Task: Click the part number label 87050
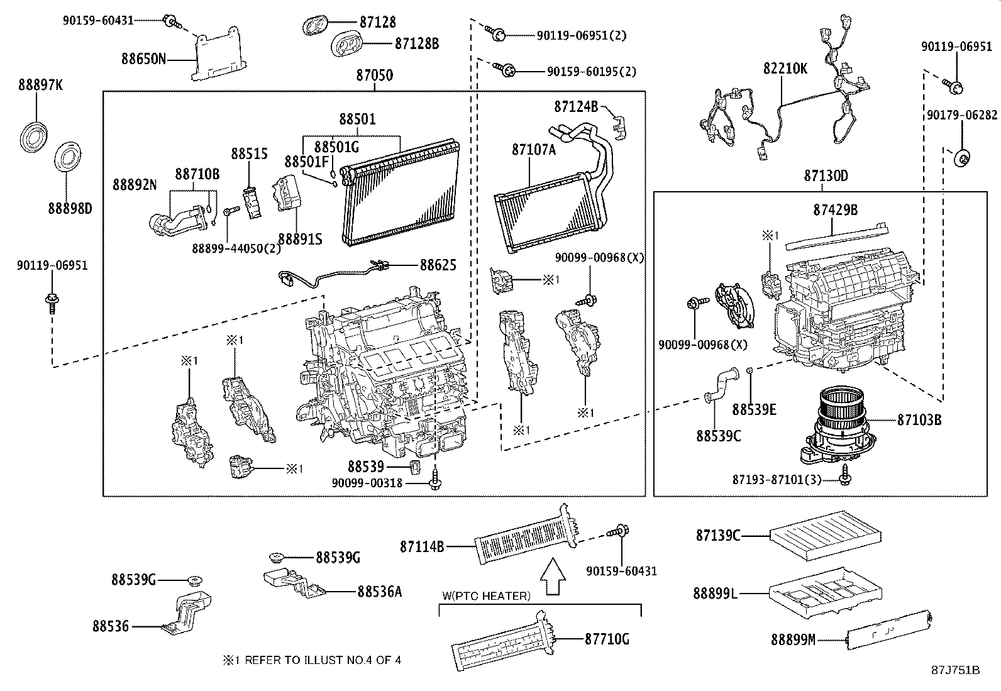point(374,75)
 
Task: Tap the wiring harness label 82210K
point(785,69)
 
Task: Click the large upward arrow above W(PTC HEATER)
point(553,577)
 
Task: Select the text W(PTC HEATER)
point(486,595)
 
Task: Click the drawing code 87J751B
point(955,670)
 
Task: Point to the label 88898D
point(70,207)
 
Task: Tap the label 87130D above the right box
point(825,176)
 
